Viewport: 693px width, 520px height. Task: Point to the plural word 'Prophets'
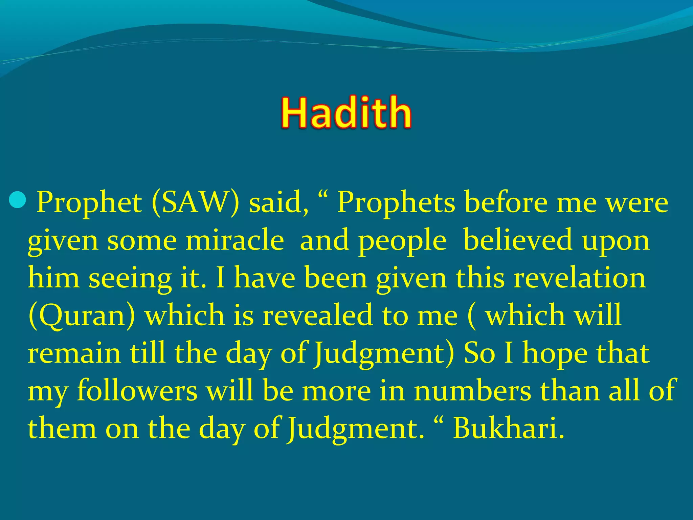(x=396, y=203)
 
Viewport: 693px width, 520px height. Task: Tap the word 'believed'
(x=518, y=240)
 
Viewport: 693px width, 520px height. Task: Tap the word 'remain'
(x=74, y=353)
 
